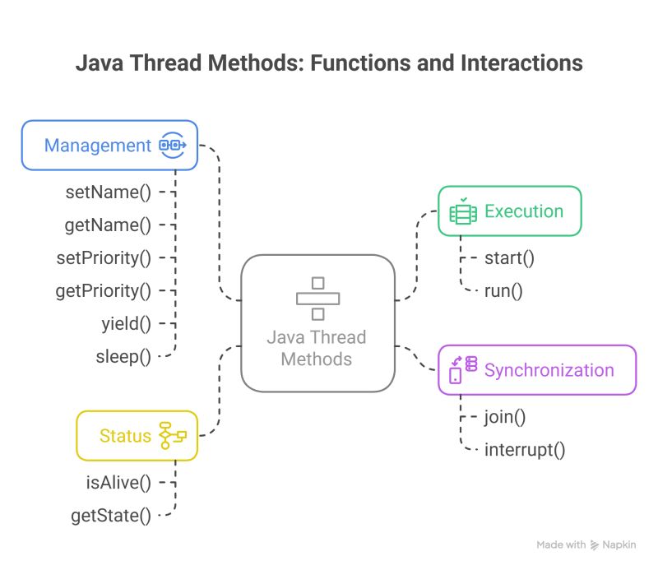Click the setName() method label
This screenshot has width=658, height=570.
pos(108,192)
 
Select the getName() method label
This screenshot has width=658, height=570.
pos(108,225)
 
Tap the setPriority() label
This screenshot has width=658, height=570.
pos(103,257)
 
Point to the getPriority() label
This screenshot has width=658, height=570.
pos(103,290)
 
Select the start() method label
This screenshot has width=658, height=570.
pos(509,257)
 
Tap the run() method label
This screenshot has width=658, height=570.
pos(503,290)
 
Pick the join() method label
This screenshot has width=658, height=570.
pos(504,416)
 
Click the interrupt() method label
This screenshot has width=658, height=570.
pos(525,449)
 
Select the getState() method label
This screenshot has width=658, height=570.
pos(111,516)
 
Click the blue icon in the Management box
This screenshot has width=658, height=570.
pos(173,146)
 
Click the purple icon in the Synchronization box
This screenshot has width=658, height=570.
pos(462,369)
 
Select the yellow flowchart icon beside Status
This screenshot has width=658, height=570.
pos(173,435)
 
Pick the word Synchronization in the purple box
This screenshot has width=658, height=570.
pos(549,370)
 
